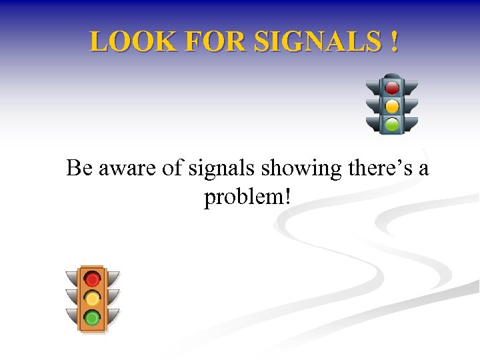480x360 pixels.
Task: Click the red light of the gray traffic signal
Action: coord(392,87)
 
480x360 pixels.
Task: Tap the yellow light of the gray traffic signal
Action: coord(392,105)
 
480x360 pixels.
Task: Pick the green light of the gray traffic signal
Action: coord(392,123)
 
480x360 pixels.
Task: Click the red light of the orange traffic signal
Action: coord(93,278)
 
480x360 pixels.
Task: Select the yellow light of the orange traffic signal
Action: coord(93,297)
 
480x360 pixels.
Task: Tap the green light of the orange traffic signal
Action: coord(93,317)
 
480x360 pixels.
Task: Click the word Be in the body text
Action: coord(80,169)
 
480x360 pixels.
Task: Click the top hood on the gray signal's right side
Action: coord(411,87)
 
